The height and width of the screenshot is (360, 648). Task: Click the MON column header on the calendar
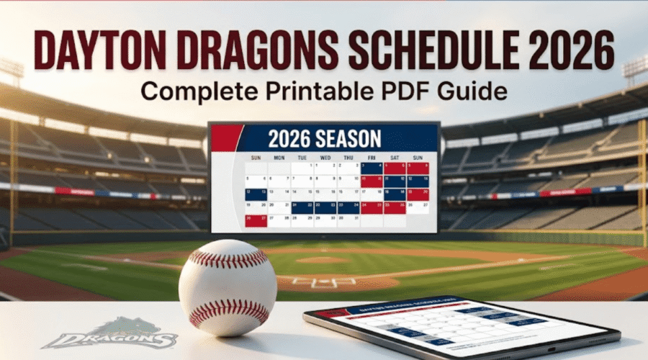tap(279, 156)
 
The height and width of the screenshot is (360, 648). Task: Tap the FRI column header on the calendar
tap(372, 156)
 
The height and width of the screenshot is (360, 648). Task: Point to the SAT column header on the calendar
tap(394, 156)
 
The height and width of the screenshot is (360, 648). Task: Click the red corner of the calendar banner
tap(224, 135)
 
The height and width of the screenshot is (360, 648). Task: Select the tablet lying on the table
tap(461, 328)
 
